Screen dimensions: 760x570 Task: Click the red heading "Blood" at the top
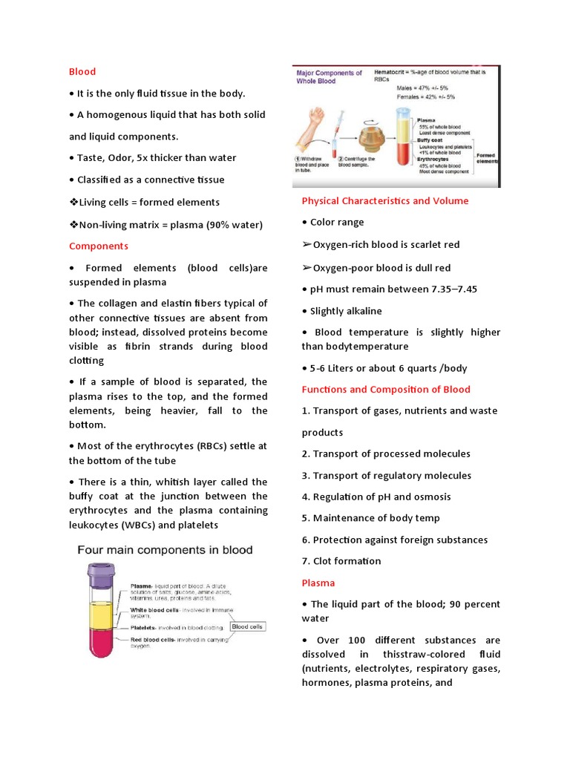tap(82, 71)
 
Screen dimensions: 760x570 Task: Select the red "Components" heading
tap(99, 246)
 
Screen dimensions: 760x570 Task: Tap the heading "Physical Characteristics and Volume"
tap(384, 200)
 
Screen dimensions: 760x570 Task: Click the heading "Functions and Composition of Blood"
tap(385, 389)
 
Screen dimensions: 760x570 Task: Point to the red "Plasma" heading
tap(318, 583)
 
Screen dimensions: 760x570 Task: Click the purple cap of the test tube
tap(98, 571)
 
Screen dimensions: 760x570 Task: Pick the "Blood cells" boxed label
tap(246, 626)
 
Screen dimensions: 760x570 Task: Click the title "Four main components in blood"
tap(166, 550)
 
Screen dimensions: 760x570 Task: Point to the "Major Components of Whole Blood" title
tap(330, 76)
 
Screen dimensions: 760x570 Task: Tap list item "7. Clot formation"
tap(341, 561)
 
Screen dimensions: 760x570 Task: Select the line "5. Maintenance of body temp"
tap(370, 518)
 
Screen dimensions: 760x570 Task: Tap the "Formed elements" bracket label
tap(487, 160)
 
